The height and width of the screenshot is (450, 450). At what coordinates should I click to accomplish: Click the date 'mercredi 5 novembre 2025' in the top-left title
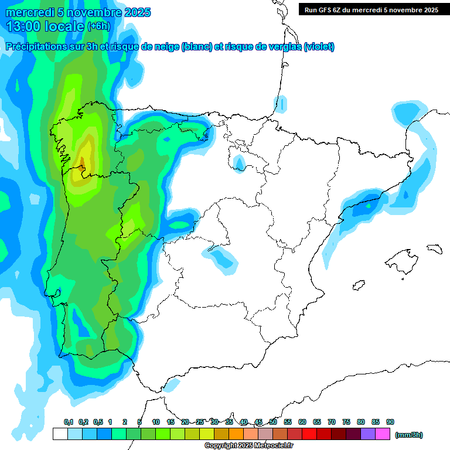pos(78,12)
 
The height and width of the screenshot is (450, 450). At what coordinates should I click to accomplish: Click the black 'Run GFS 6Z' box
pos(371,9)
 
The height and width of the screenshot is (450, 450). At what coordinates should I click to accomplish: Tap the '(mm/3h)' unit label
pos(409,435)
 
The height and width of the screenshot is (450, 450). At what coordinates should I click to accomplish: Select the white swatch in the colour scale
pos(60,434)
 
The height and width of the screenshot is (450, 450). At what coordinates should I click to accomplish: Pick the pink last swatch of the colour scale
pos(383,434)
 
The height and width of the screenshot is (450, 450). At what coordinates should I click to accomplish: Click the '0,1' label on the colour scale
pos(69,422)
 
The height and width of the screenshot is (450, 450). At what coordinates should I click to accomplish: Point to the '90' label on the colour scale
pos(390,422)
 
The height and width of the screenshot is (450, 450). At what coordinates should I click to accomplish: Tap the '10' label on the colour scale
pos(156,422)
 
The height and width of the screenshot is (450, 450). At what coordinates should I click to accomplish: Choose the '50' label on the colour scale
pos(273,422)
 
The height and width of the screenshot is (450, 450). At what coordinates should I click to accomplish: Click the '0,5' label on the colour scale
pos(98,422)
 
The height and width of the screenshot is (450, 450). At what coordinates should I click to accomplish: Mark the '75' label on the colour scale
pos(346,422)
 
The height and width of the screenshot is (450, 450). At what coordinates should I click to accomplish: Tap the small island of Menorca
pos(434,248)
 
